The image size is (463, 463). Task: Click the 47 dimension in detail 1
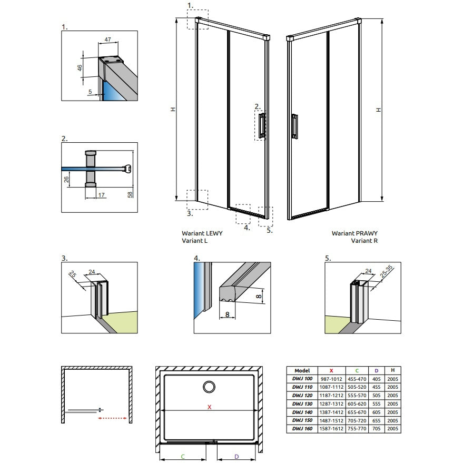[x=108, y=40]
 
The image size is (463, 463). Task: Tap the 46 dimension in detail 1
[x=80, y=68]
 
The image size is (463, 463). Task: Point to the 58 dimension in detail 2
[x=130, y=194]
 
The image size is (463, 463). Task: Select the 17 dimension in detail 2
[x=102, y=195]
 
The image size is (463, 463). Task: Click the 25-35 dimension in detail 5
[x=386, y=272]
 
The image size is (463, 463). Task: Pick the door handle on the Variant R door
[x=294, y=126]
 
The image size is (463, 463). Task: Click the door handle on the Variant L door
[x=262, y=125]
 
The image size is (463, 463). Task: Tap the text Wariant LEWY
[x=202, y=233]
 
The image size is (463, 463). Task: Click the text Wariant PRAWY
[x=354, y=233]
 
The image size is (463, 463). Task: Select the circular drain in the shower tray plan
[x=209, y=387]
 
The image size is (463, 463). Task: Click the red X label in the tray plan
[x=209, y=407]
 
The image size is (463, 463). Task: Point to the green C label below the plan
[x=182, y=457]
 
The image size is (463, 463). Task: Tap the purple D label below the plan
[x=237, y=457]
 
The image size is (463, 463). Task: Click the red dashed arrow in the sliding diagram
[x=112, y=418]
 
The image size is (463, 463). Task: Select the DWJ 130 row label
[x=302, y=403]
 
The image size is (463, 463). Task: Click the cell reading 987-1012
[x=331, y=379]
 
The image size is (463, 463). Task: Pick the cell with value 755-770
[x=357, y=428]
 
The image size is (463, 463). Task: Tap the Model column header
[x=302, y=371]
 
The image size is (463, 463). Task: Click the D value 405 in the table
[x=377, y=379]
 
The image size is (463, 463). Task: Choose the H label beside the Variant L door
[x=173, y=109]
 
